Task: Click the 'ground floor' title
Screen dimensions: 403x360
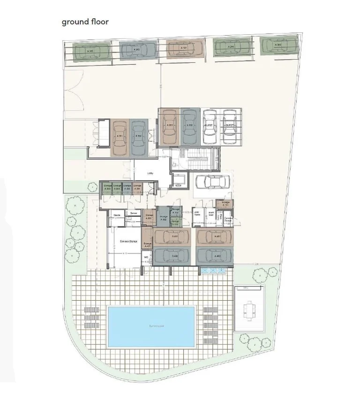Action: tap(85, 22)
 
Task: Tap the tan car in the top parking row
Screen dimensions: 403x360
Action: tap(185, 48)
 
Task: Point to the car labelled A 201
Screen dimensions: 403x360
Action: tap(170, 126)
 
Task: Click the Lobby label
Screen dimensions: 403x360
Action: tap(150, 173)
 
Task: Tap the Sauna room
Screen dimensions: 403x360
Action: tap(116, 216)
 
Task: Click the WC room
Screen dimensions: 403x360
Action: tap(147, 258)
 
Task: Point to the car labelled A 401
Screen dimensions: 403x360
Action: tap(171, 236)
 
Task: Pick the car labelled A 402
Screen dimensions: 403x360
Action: tap(171, 256)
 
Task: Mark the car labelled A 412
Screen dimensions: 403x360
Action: tap(214, 256)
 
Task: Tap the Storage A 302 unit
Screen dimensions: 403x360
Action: tap(164, 218)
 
